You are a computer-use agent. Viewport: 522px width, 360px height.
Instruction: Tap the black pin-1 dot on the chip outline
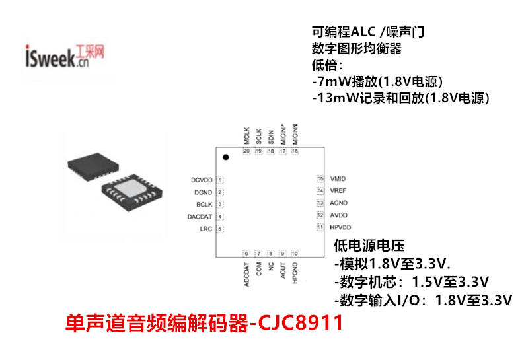click(225, 157)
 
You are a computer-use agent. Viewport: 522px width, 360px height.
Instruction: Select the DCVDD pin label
click(201, 180)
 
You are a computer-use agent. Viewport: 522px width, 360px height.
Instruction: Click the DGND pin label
click(203, 192)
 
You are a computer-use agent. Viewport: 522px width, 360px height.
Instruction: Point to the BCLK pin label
click(204, 205)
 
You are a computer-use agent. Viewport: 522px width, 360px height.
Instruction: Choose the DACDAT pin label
click(200, 217)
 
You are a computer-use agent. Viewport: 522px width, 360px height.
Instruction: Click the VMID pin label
click(338, 179)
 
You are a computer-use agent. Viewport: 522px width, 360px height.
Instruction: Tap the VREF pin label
click(338, 191)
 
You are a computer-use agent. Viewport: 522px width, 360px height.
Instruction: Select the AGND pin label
click(338, 203)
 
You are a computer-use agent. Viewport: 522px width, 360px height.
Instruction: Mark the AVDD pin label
click(338, 215)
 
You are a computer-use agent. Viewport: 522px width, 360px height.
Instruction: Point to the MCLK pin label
click(246, 136)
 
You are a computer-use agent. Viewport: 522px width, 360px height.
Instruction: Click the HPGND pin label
click(295, 273)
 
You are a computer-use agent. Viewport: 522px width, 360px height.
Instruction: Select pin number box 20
click(246, 151)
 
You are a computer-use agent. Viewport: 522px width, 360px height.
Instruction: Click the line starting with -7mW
click(376, 82)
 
